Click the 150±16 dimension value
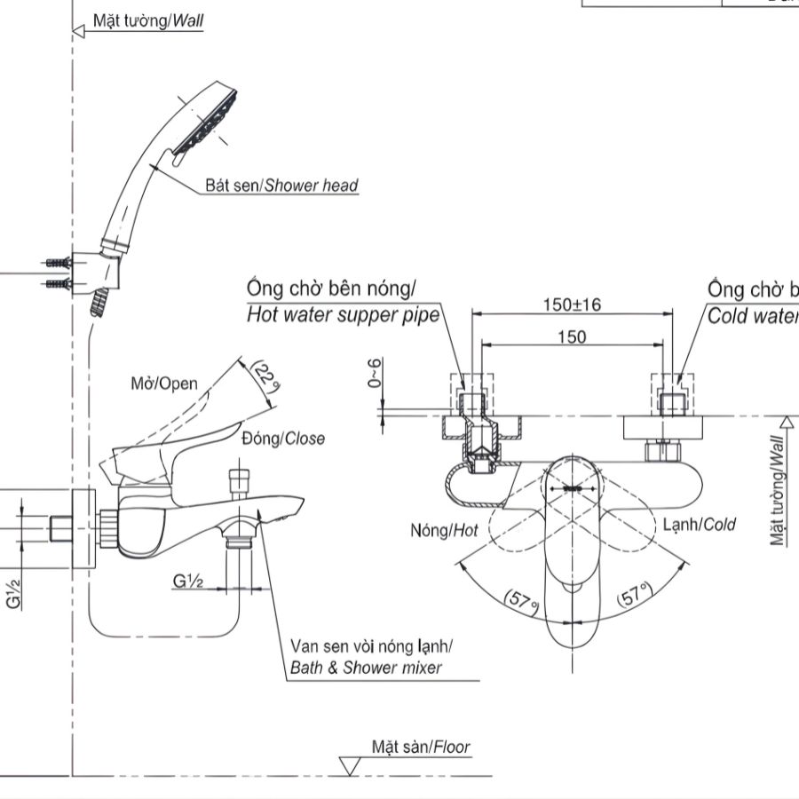pyautogui.click(x=572, y=305)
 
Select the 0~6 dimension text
pyautogui.click(x=376, y=372)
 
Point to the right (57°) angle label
pyautogui.click(x=635, y=597)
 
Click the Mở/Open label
pyautogui.click(x=163, y=384)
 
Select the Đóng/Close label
pyautogui.click(x=282, y=439)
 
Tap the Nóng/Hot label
pyautogui.click(x=444, y=530)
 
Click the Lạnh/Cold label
pyautogui.click(x=700, y=525)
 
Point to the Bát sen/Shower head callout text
pyautogui.click(x=281, y=186)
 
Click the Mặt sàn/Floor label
pyautogui.click(x=421, y=748)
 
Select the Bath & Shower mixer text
pyautogui.click(x=365, y=668)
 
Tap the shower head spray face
pyautogui.click(x=211, y=125)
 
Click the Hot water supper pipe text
pyautogui.click(x=343, y=314)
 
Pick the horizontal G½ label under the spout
pyautogui.click(x=189, y=581)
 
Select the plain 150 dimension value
pyautogui.click(x=572, y=336)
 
